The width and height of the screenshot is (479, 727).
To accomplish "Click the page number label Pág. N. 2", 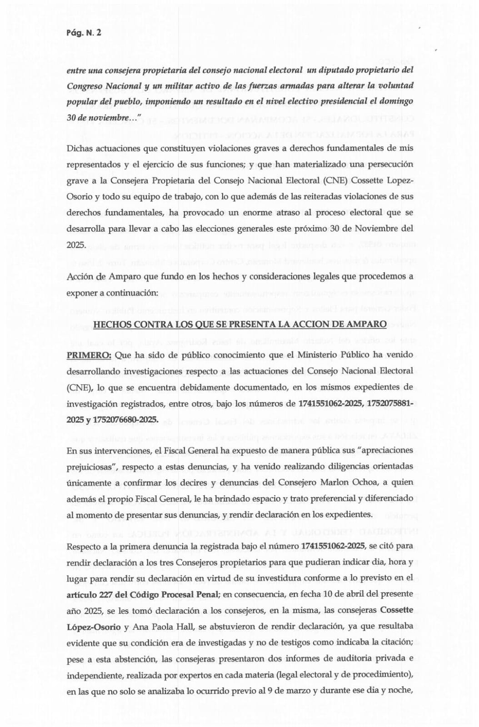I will (x=84, y=33).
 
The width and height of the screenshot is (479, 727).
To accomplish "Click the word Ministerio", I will (x=319, y=354).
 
